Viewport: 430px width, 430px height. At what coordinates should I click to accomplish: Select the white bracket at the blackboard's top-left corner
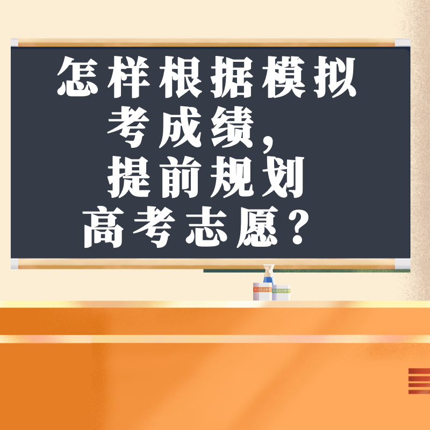point(15,43)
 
